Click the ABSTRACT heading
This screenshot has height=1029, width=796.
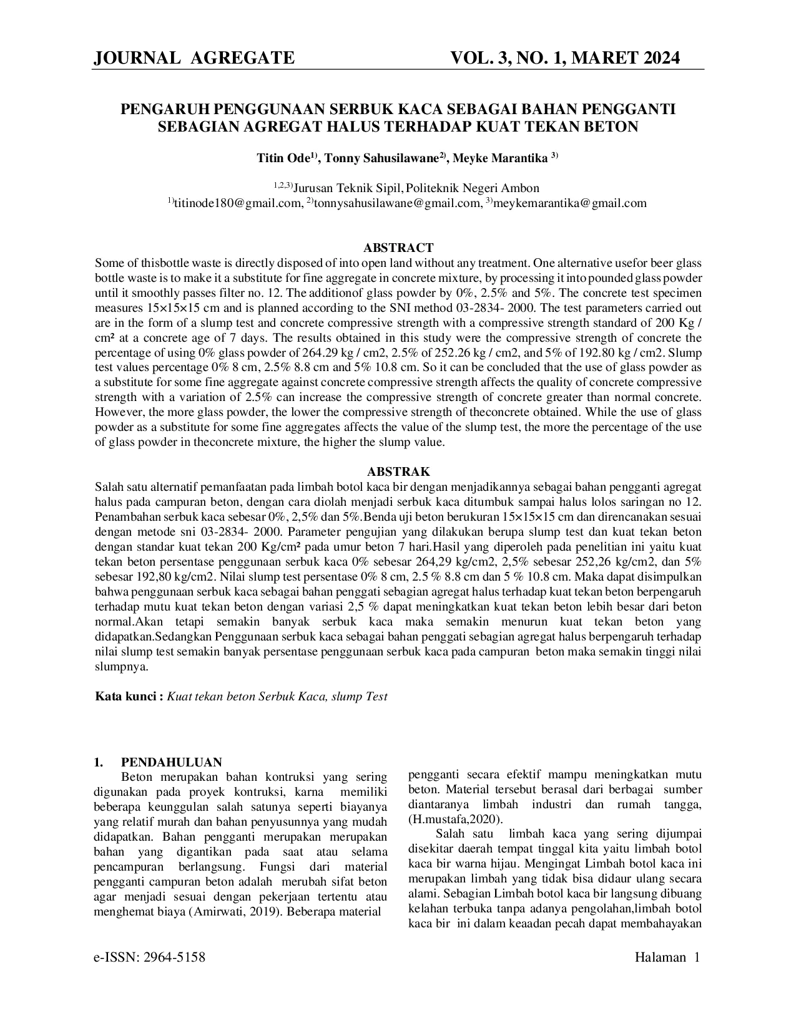(398, 248)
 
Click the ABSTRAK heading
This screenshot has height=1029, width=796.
(398, 472)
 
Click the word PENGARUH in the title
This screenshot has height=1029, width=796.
(159, 110)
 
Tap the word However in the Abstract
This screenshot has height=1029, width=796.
(117, 412)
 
